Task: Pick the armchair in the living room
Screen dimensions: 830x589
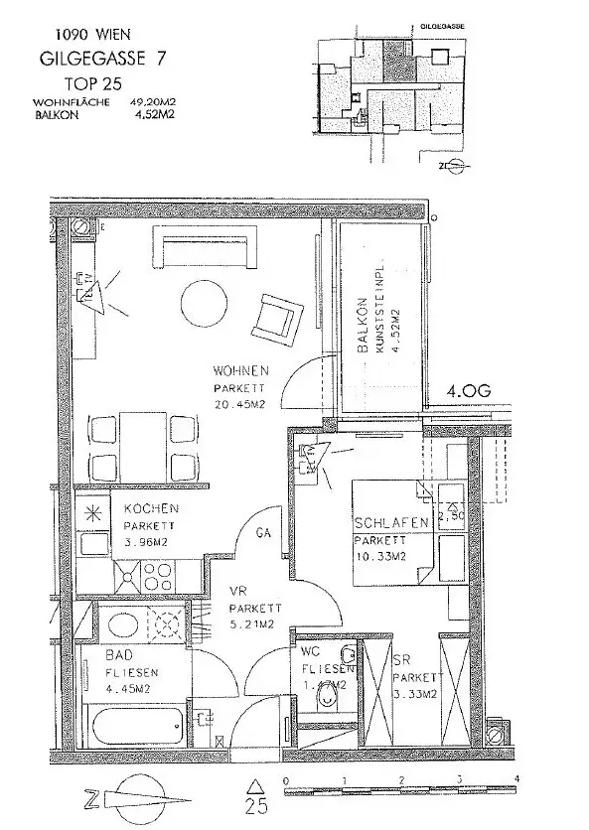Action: point(274,317)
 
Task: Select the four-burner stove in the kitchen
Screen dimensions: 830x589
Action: point(156,575)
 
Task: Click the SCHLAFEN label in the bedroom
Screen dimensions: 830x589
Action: point(390,524)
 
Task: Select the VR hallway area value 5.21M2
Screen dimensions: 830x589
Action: point(250,624)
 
